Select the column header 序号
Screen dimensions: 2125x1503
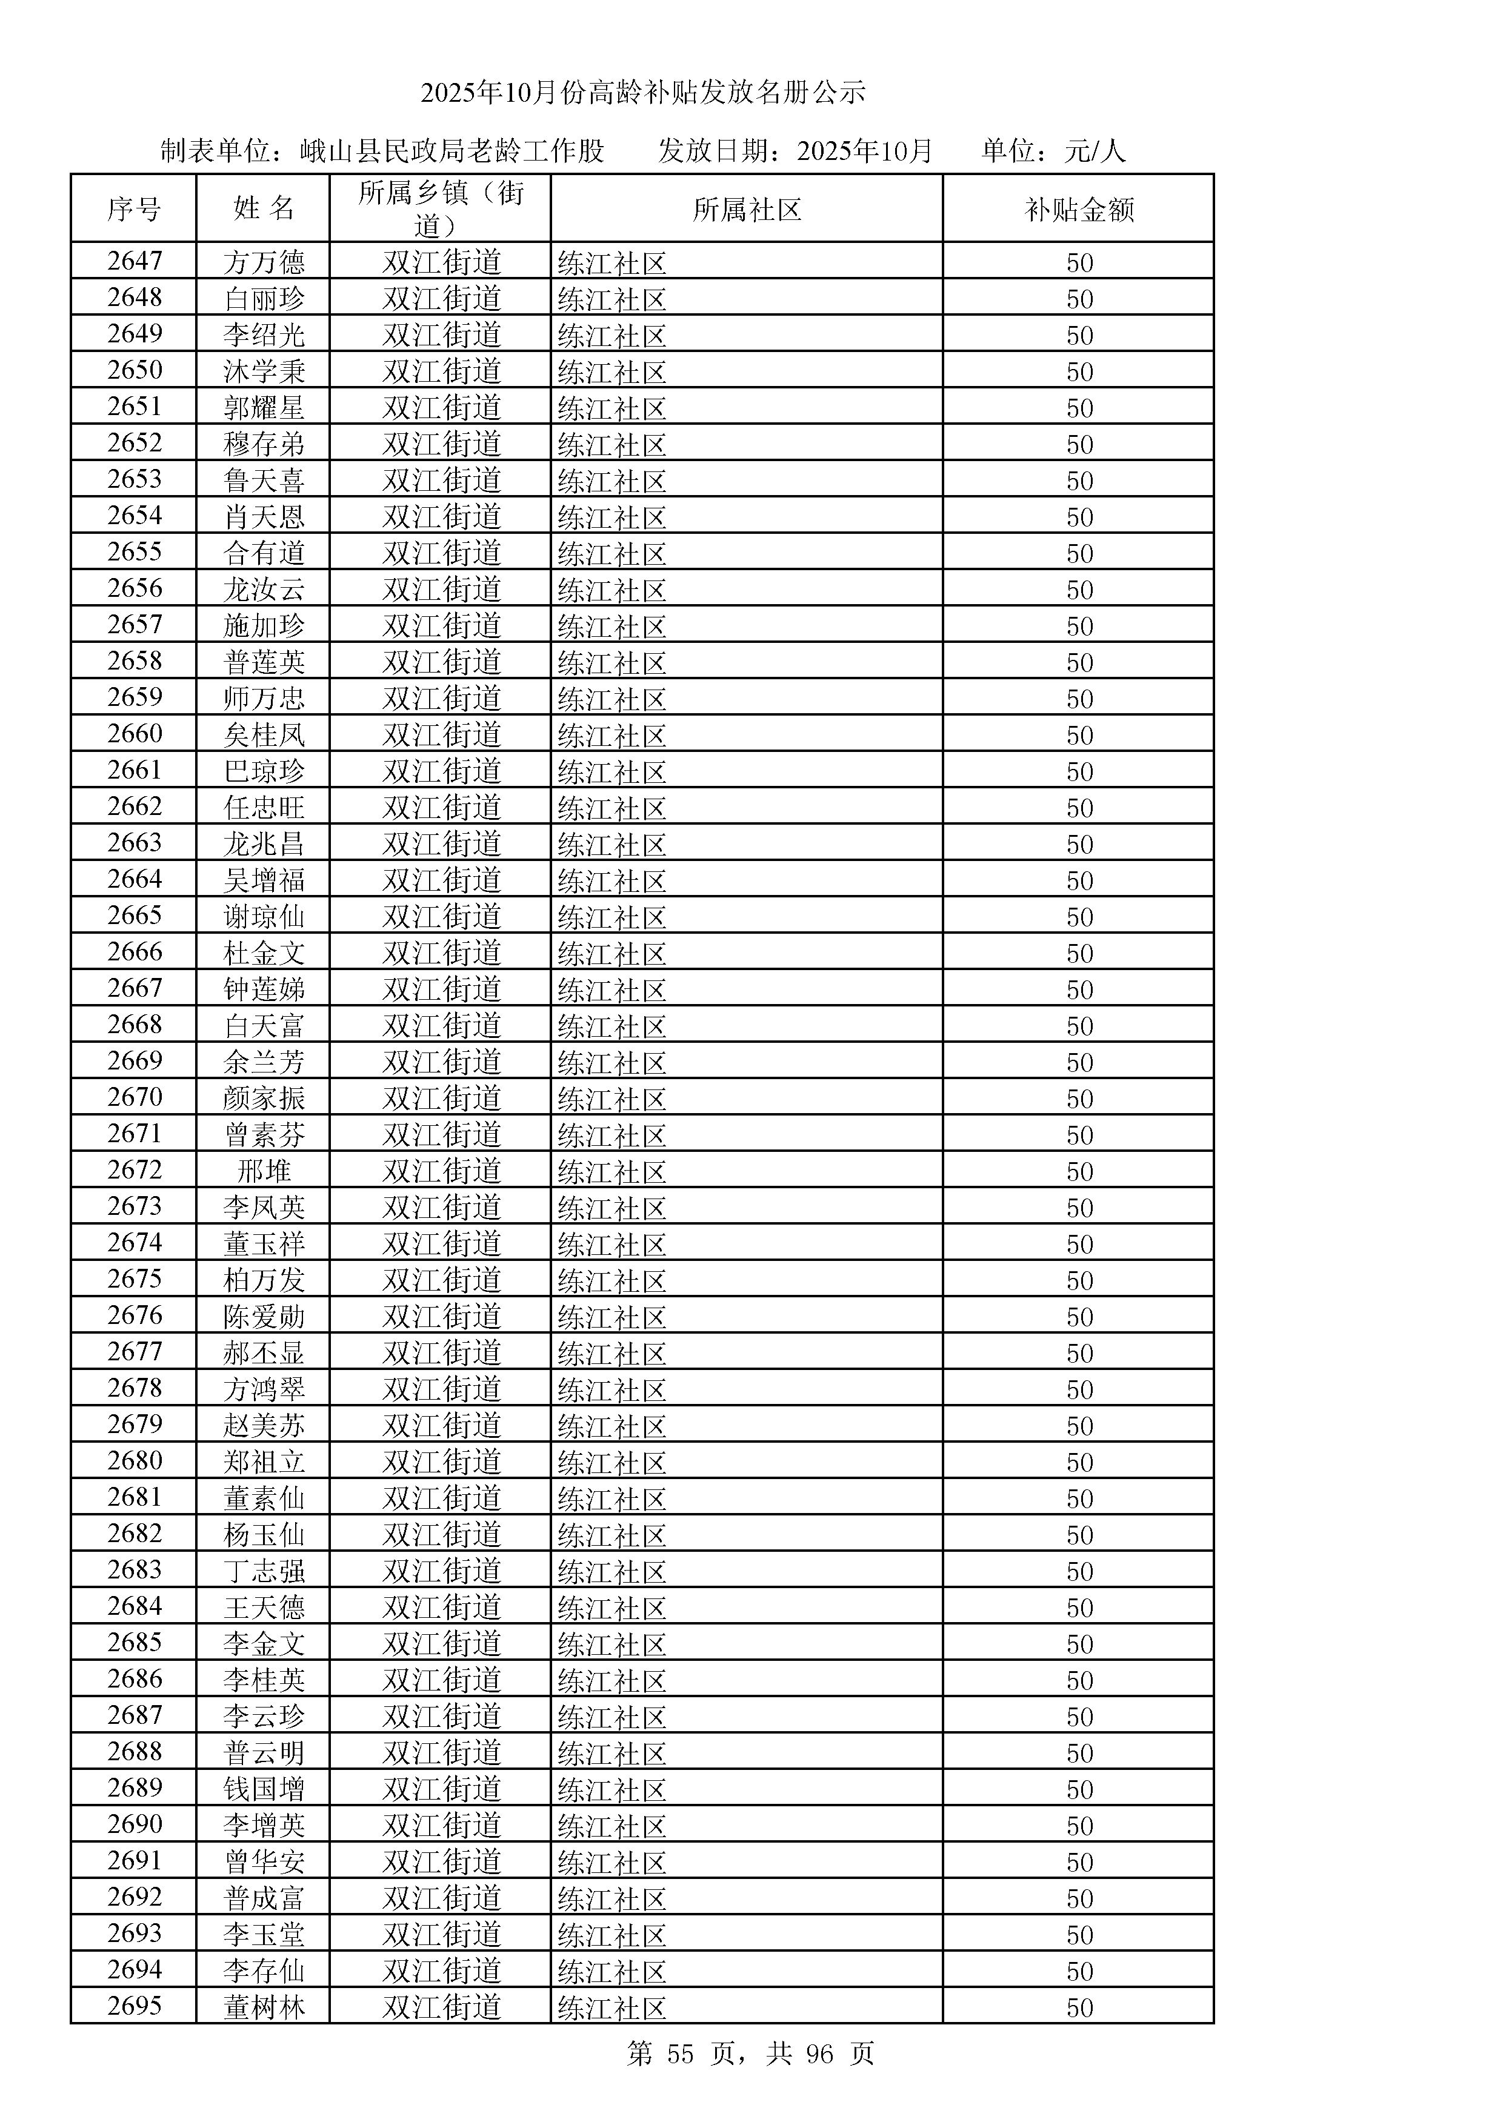pyautogui.click(x=133, y=209)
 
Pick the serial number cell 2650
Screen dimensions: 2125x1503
pyautogui.click(x=134, y=370)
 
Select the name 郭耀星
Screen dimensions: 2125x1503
pyautogui.click(x=264, y=407)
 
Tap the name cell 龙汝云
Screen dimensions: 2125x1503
pyautogui.click(x=264, y=588)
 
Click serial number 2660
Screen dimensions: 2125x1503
pyautogui.click(x=134, y=734)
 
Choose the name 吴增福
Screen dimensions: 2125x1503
pyautogui.click(x=264, y=879)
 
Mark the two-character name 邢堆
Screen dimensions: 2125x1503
pyautogui.click(x=264, y=1171)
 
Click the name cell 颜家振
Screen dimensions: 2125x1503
pyautogui.click(x=264, y=1098)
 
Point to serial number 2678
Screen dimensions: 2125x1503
pyautogui.click(x=134, y=1388)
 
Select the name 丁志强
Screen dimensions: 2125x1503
pyautogui.click(x=264, y=1571)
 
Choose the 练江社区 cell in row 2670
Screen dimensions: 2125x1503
pyautogui.click(x=612, y=1099)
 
